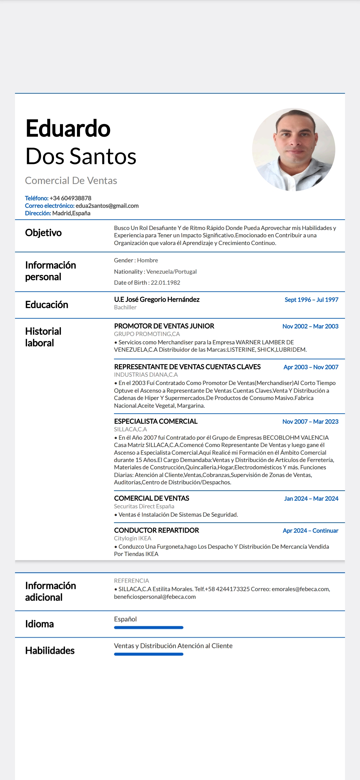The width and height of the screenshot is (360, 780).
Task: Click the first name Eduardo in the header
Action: coord(68,129)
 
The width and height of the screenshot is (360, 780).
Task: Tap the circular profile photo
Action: coord(294,149)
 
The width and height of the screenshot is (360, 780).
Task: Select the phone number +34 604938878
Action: coord(70,198)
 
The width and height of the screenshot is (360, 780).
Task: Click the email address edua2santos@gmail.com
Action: coord(107,206)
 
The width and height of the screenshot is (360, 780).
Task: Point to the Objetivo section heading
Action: coord(43,233)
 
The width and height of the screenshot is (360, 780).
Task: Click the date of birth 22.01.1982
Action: coord(165,283)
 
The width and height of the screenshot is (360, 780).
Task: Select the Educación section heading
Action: coord(47,305)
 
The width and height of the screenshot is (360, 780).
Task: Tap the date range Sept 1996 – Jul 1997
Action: coord(311,300)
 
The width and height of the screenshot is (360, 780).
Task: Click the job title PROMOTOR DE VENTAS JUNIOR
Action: coord(164,326)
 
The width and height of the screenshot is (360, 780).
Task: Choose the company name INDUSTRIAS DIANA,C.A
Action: coord(146,375)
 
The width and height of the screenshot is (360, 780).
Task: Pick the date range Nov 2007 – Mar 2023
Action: coord(310,422)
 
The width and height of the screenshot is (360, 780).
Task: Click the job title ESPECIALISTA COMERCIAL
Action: coord(156,421)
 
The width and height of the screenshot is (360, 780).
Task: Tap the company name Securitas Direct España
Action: coord(144,506)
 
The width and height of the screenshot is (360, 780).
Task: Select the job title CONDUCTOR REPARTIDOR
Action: coord(156,530)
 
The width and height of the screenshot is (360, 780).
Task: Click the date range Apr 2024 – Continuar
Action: coord(310,531)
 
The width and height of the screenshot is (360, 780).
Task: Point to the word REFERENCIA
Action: coord(131,581)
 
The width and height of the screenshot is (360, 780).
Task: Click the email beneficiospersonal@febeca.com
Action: coord(155,597)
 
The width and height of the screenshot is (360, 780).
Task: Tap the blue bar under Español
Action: coord(149,628)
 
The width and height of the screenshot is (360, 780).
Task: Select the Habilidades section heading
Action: coord(50,651)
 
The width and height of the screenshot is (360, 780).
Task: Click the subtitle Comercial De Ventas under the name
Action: coord(71,181)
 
